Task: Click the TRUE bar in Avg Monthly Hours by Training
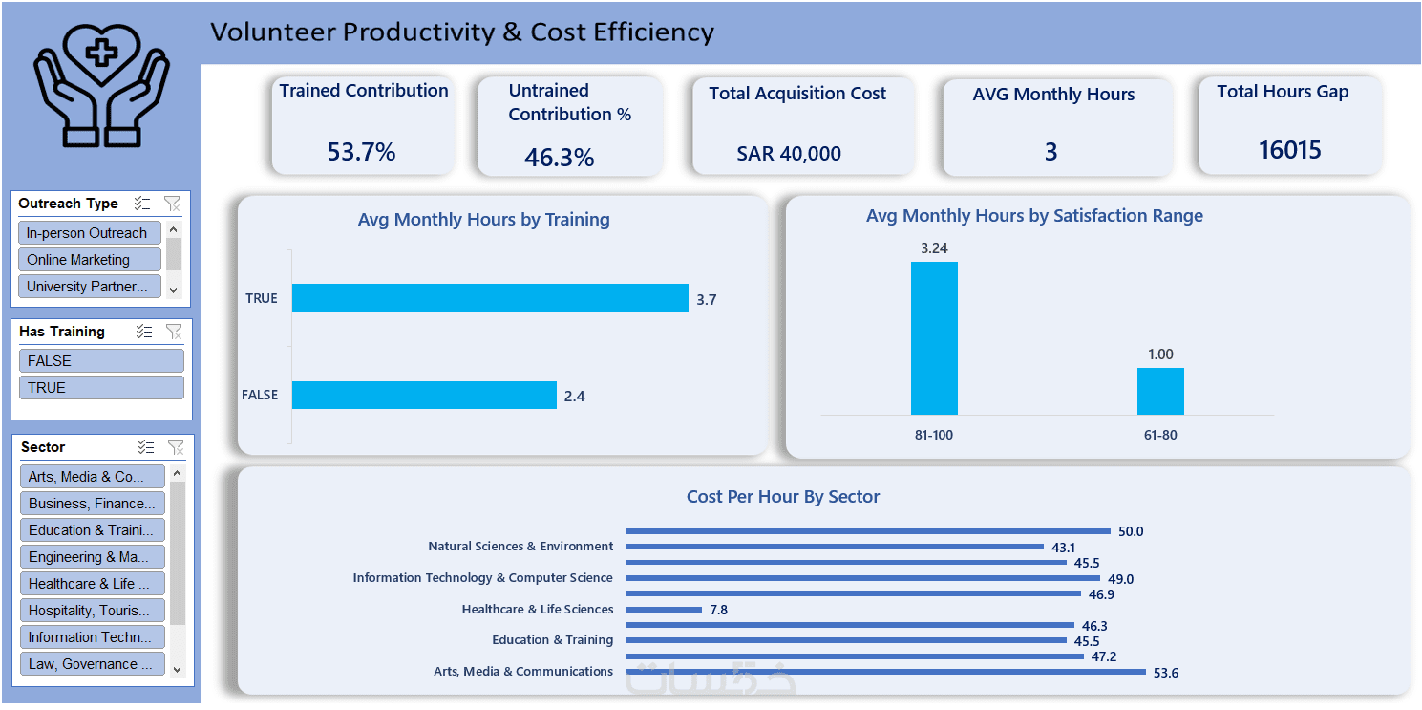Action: click(x=489, y=298)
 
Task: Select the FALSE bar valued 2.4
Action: click(x=424, y=395)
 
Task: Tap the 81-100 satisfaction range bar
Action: click(x=934, y=338)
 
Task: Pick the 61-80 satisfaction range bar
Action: click(x=1160, y=391)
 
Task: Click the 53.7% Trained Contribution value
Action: click(x=361, y=152)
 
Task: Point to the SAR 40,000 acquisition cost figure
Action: click(x=789, y=154)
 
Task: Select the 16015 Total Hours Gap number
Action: click(x=1289, y=150)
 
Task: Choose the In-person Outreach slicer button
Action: click(x=89, y=233)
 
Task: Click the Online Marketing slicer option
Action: click(x=89, y=260)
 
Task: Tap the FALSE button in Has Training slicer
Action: click(x=101, y=360)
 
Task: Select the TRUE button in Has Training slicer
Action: click(x=101, y=387)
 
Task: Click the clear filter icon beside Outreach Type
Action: click(x=172, y=204)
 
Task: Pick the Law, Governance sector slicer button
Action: click(x=92, y=663)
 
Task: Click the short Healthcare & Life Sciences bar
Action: click(x=664, y=610)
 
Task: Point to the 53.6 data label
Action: click(x=1166, y=673)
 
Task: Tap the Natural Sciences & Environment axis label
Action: click(x=520, y=547)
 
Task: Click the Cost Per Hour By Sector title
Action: click(x=783, y=497)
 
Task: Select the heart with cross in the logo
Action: click(x=101, y=50)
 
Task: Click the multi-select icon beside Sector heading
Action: click(x=146, y=447)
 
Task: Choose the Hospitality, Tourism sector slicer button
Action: click(x=92, y=610)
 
